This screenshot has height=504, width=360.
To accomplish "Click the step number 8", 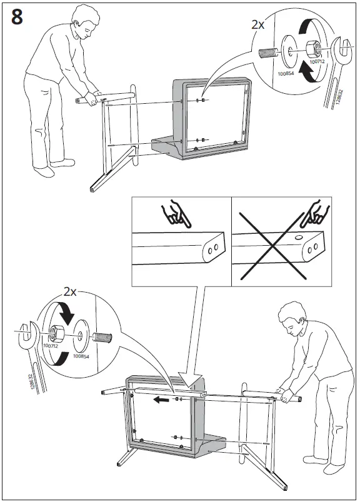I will pos(17,18).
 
